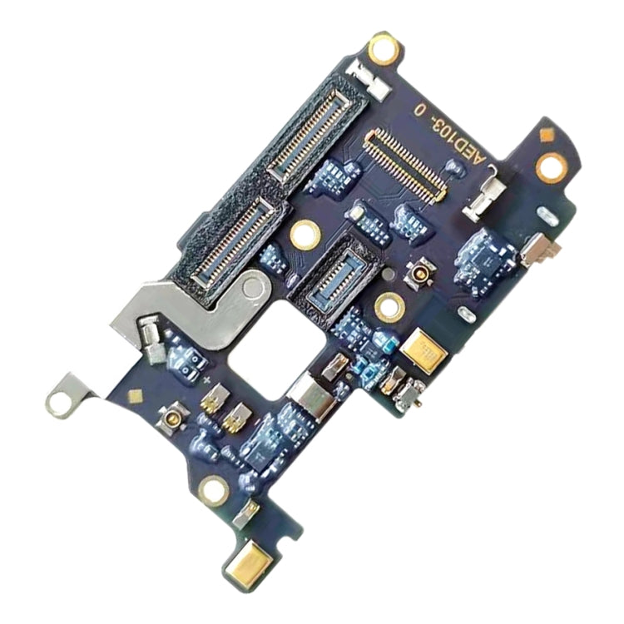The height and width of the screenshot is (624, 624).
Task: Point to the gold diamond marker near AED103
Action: pyautogui.click(x=546, y=135)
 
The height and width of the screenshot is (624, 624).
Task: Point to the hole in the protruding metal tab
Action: pyautogui.click(x=59, y=404)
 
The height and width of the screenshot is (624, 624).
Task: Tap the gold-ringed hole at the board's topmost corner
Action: pyautogui.click(x=384, y=49)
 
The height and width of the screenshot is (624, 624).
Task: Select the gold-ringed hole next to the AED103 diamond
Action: pyautogui.click(x=551, y=167)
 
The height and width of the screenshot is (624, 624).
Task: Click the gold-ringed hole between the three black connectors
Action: pyautogui.click(x=305, y=235)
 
